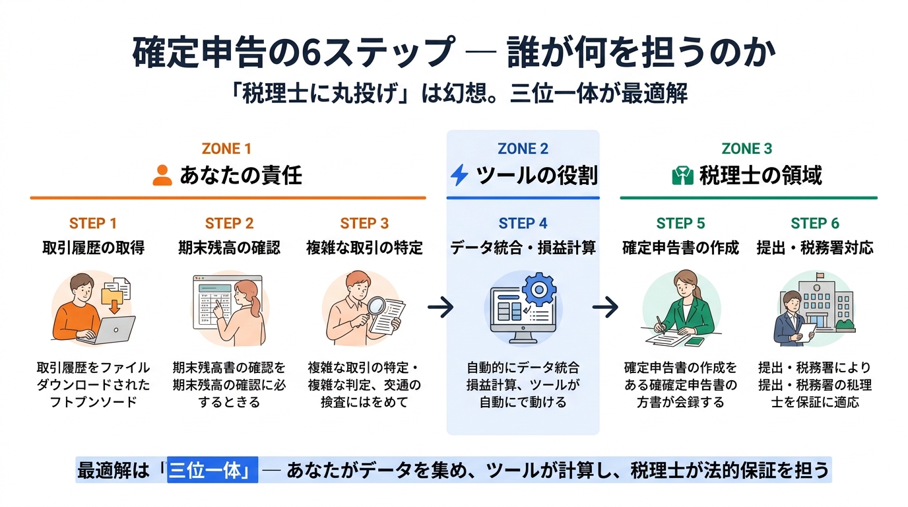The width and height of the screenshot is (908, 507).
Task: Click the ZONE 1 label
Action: [x=226, y=149]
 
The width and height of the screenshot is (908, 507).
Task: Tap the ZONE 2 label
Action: [x=523, y=149]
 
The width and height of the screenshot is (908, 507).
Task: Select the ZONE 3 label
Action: [x=747, y=149]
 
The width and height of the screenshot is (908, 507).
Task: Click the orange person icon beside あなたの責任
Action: [x=162, y=176]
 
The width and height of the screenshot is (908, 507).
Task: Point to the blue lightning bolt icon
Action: [x=459, y=176]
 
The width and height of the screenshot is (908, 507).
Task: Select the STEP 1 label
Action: [x=93, y=223]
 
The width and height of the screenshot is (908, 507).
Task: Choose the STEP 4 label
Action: [x=523, y=223]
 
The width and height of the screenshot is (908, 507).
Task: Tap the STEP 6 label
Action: [x=815, y=223]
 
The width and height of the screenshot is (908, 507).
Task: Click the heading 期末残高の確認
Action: [x=229, y=248]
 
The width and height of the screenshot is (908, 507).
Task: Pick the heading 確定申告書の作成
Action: [x=680, y=248]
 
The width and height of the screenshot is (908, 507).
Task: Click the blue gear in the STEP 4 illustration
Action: [x=539, y=288]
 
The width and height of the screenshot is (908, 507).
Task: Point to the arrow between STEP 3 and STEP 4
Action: [x=440, y=307]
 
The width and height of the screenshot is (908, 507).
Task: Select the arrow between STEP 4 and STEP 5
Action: [x=605, y=307]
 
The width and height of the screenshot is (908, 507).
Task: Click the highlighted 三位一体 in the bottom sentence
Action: [x=212, y=470]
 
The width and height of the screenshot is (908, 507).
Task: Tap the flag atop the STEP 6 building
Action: [x=821, y=276]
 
